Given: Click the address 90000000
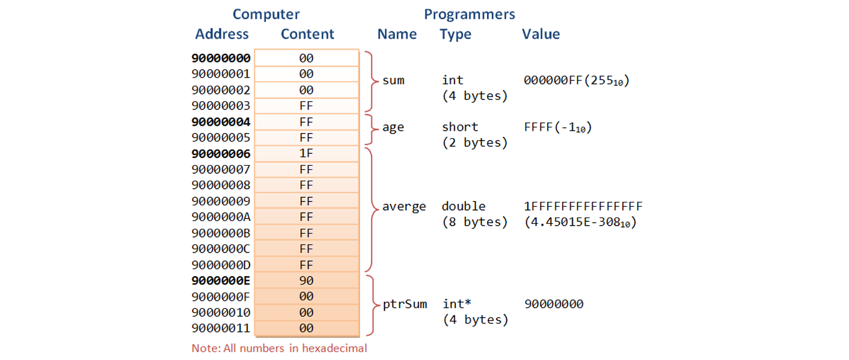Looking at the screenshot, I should pyautogui.click(x=221, y=58).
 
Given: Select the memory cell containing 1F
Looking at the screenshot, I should pyautogui.click(x=306, y=154).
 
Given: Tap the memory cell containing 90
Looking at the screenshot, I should pyautogui.click(x=306, y=281).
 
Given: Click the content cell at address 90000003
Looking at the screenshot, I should pyautogui.click(x=306, y=106).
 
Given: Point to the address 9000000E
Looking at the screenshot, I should pyautogui.click(x=221, y=281).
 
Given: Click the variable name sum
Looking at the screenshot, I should pyautogui.click(x=393, y=81).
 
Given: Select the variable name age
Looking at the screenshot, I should pyautogui.click(x=393, y=127).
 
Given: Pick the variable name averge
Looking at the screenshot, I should pyautogui.click(x=404, y=206).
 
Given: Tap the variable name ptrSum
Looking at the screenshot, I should pyautogui.click(x=404, y=304).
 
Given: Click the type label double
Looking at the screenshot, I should pyautogui.click(x=463, y=206).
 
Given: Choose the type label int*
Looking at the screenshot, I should pyautogui.click(x=456, y=304).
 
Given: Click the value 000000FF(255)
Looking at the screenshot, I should pyautogui.click(x=576, y=81).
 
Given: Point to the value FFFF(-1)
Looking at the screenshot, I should pyautogui.click(x=558, y=127).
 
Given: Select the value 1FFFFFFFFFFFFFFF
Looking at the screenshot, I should pyautogui.click(x=583, y=206).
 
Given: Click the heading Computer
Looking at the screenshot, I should pyautogui.click(x=266, y=14).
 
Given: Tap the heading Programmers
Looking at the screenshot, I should pyautogui.click(x=470, y=14).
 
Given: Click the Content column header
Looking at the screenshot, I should pyautogui.click(x=307, y=34).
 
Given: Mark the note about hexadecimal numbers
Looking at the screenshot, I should pyautogui.click(x=279, y=348).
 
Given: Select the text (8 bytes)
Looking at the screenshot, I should pyautogui.click(x=475, y=222).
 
